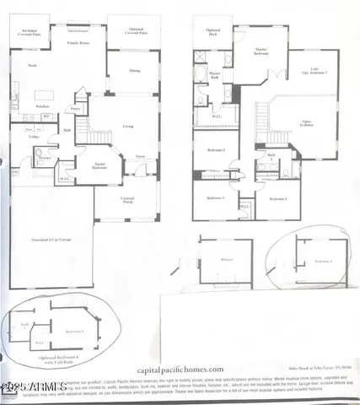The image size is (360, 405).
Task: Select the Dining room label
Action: pos(134,70)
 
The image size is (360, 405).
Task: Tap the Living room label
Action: pos(128,127)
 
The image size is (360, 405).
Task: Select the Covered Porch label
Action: pos(126,199)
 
